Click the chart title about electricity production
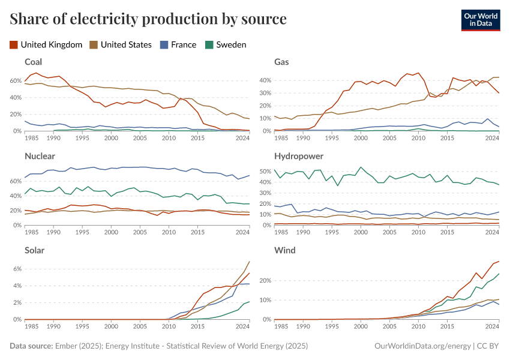point(148,19)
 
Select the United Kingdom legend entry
point(46,44)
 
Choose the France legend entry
point(178,44)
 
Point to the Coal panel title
point(33,62)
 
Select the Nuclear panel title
point(40,156)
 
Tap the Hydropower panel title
point(298,156)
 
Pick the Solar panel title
point(34,250)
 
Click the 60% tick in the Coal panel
point(15,80)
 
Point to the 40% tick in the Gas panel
point(265,80)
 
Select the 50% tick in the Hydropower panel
point(265,172)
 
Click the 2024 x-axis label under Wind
point(492,326)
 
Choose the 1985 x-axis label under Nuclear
point(32,232)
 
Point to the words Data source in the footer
point(31,346)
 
